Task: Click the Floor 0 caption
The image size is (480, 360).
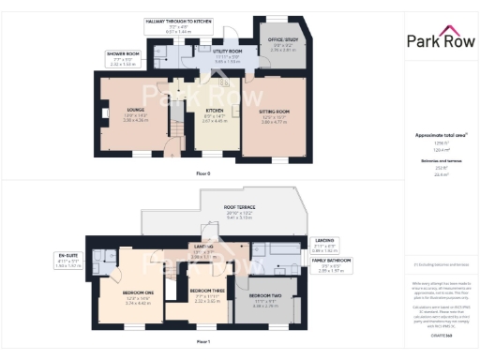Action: (202, 174)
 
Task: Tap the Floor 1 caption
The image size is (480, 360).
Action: (202, 342)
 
